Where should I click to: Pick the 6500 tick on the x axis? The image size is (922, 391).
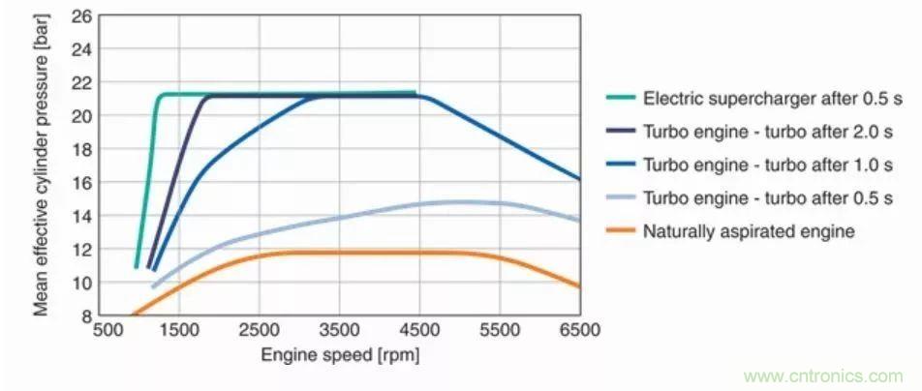click(x=580, y=330)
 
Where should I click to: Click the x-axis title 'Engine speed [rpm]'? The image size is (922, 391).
click(x=339, y=355)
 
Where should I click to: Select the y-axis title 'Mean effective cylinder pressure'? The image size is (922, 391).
click(x=43, y=166)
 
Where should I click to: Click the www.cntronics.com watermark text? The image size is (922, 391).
click(x=823, y=376)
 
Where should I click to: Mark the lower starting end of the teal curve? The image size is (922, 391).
click(x=137, y=266)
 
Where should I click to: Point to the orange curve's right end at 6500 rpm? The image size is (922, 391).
click(x=579, y=286)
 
